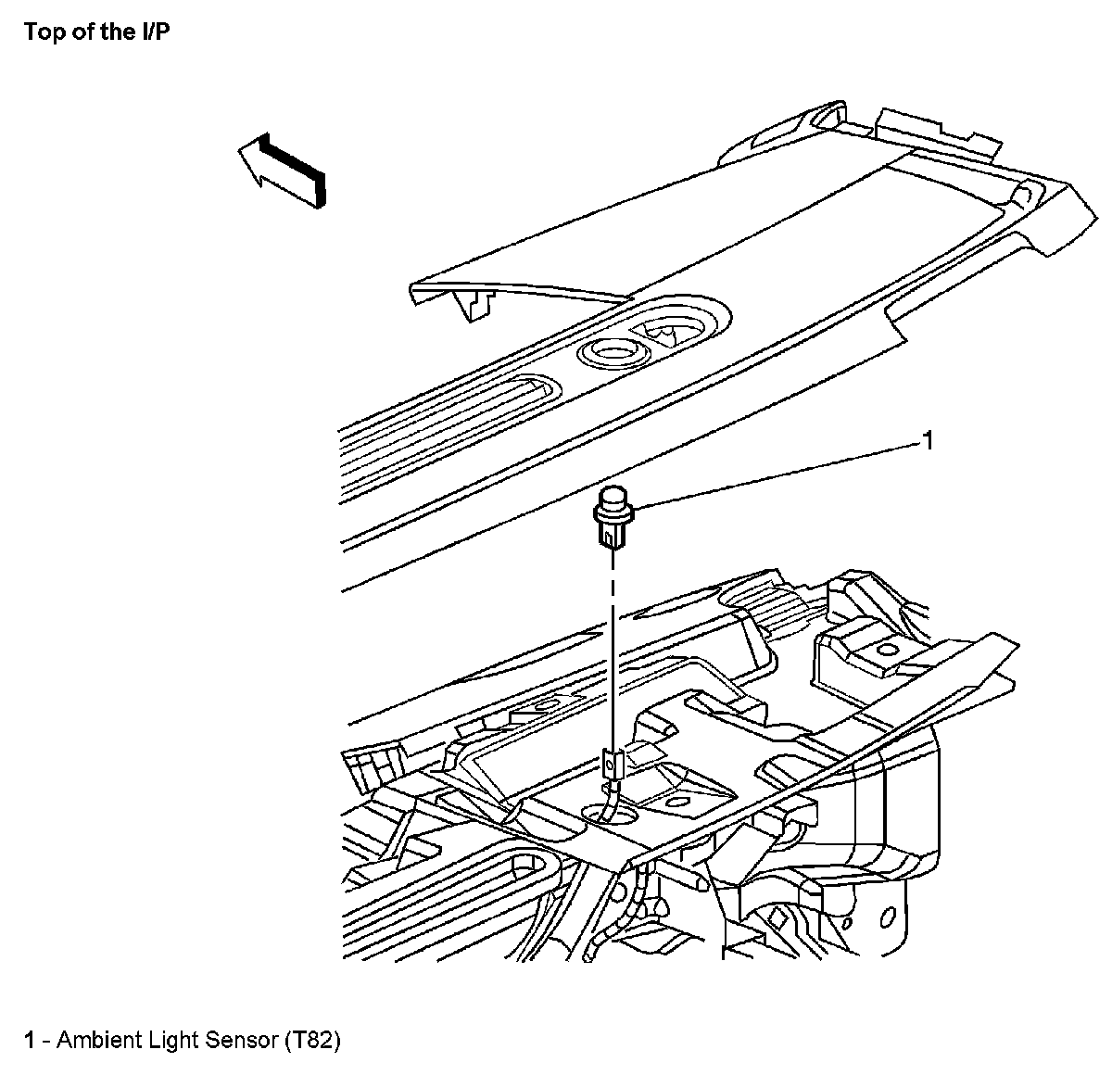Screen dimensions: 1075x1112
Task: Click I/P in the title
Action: pos(154,32)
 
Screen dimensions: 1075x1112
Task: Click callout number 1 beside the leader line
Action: pos(926,440)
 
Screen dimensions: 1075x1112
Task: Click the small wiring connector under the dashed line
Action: pos(611,764)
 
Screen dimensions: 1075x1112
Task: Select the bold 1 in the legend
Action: pos(31,1040)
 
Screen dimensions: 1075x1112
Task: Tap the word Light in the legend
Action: pos(172,1040)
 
